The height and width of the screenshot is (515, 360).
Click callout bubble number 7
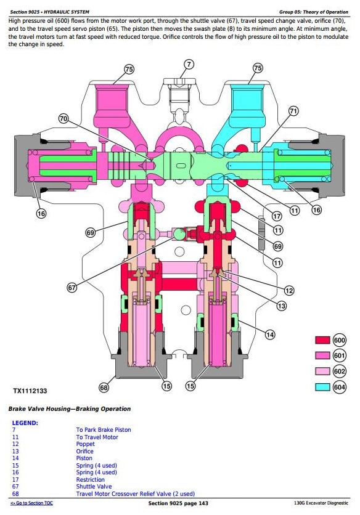[189, 64]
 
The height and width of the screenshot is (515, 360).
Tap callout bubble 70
[63, 118]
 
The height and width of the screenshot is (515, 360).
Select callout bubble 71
[293, 111]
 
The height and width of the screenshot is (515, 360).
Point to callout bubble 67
[72, 288]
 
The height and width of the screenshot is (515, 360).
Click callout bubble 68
[104, 388]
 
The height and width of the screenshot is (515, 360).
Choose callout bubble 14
[270, 335]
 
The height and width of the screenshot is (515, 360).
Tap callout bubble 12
[289, 290]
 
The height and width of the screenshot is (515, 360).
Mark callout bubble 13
[282, 306]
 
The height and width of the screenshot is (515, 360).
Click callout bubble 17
[277, 216]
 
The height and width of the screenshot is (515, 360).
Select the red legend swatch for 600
[322, 340]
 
